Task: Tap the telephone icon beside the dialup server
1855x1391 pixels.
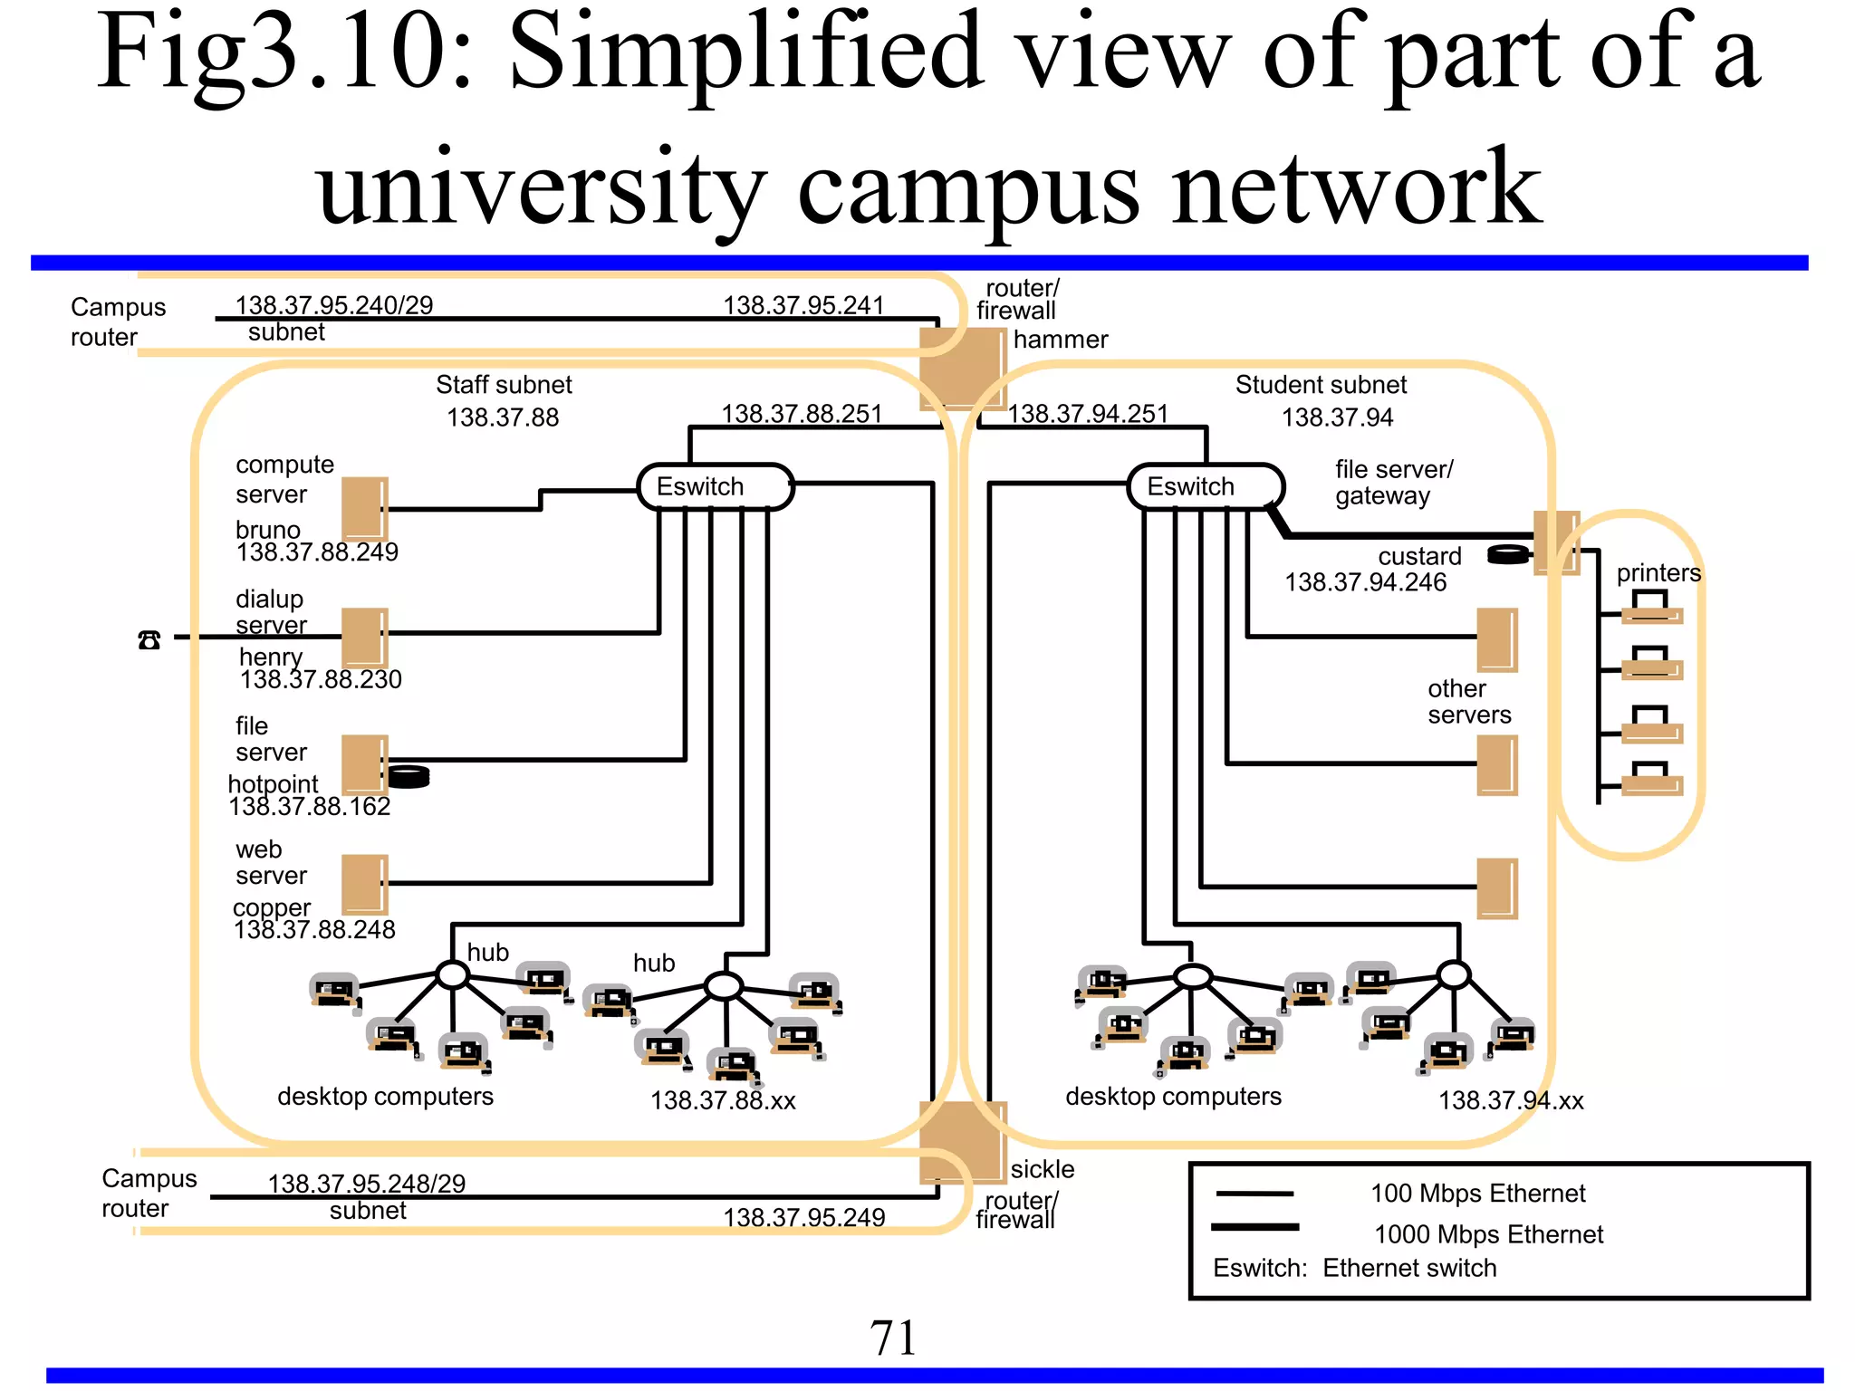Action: (149, 640)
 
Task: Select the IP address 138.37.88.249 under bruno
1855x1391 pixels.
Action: (317, 552)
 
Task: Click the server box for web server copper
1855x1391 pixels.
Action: (365, 884)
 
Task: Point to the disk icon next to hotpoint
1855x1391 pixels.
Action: (408, 776)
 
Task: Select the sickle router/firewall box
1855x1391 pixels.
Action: (962, 1142)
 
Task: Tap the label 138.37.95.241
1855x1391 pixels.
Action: (803, 305)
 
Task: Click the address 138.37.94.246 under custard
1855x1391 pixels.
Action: (1365, 582)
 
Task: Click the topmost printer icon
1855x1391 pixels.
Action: (1651, 608)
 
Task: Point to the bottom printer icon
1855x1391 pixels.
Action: (1651, 779)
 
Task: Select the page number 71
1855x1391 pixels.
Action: (893, 1338)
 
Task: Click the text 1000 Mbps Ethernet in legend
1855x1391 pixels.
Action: (1488, 1234)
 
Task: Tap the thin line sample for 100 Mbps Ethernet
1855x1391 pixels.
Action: (1254, 1194)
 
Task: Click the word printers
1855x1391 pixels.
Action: (1658, 572)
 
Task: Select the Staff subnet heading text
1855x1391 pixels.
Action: (504, 385)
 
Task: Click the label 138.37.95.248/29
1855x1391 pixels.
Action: (366, 1184)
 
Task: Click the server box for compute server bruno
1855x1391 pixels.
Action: (365, 509)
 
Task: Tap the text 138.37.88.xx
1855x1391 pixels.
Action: (723, 1100)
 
